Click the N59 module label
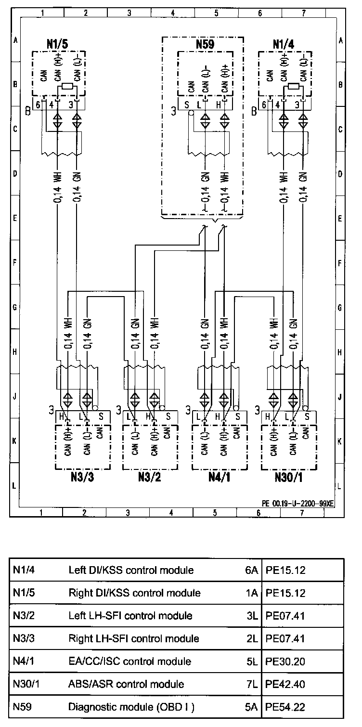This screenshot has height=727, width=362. (x=205, y=45)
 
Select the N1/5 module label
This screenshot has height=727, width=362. (x=57, y=44)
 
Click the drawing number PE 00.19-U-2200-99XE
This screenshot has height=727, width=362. (x=297, y=503)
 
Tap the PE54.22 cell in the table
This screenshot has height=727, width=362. (x=285, y=707)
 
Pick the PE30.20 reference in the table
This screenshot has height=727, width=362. (x=285, y=662)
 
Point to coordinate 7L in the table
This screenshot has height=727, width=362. (x=252, y=684)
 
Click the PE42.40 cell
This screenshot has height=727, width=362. (x=285, y=684)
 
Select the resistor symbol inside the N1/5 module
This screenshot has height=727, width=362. (x=65, y=87)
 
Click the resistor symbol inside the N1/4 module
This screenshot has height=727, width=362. (x=292, y=87)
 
